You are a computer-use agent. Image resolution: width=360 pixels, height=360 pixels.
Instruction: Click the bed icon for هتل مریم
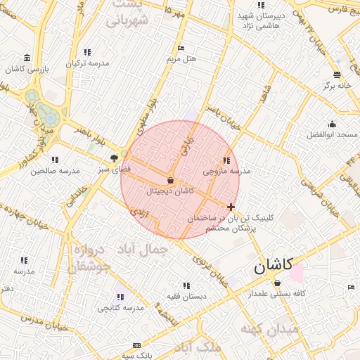pos(181,49)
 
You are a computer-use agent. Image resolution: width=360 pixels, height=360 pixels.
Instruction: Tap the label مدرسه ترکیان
pos(88,63)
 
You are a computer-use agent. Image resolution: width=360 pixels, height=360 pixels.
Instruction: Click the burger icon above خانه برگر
pos(337,75)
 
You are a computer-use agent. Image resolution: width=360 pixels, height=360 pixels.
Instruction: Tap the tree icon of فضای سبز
pos(114,159)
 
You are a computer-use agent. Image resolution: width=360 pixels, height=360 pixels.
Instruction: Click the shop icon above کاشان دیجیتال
pos(171,180)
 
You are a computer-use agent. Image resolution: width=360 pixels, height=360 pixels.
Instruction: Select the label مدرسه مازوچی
pos(226,171)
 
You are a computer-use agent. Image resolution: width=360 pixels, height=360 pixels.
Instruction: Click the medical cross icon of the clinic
pos(231,207)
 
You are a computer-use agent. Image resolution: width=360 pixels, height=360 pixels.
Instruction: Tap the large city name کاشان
pos(274,266)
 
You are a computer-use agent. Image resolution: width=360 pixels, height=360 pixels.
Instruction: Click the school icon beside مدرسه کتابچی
pos(120,297)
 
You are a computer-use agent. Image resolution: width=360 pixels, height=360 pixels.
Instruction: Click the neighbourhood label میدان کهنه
pos(269,329)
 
